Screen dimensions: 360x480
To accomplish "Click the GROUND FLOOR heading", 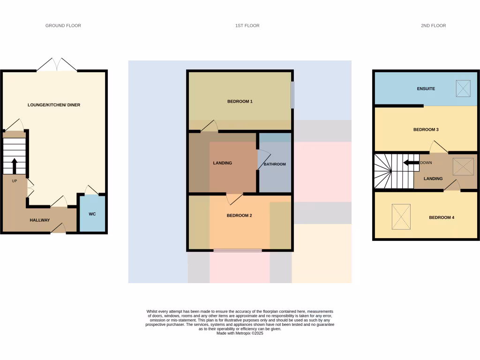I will tap(63, 26).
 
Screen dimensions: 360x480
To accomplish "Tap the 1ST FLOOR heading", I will tap(247, 26).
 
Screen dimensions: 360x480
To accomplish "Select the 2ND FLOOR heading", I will tap(433, 26).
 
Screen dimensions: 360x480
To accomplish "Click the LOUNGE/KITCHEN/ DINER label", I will tap(54, 105).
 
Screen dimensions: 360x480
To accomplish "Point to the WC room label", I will tap(92, 214).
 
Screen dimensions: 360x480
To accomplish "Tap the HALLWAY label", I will tap(40, 220).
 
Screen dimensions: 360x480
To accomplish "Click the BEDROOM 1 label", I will tap(240, 101).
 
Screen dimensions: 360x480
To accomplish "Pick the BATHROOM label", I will tap(275, 164).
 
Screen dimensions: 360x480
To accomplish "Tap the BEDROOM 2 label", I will tap(240, 216).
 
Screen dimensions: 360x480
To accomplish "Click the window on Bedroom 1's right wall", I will tap(292, 95).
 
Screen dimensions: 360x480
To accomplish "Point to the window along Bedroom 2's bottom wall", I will tap(238, 251).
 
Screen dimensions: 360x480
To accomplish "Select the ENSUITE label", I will tap(426, 89).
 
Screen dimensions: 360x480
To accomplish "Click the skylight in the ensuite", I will tap(463, 88).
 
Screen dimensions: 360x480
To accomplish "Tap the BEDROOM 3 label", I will tap(426, 129).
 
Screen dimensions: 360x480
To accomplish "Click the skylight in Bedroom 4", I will tap(401, 217).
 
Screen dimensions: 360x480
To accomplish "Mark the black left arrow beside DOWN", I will tap(411, 163).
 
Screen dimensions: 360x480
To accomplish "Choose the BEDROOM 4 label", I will tap(442, 217).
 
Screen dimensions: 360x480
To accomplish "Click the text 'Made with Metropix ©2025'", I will tap(240, 333).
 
